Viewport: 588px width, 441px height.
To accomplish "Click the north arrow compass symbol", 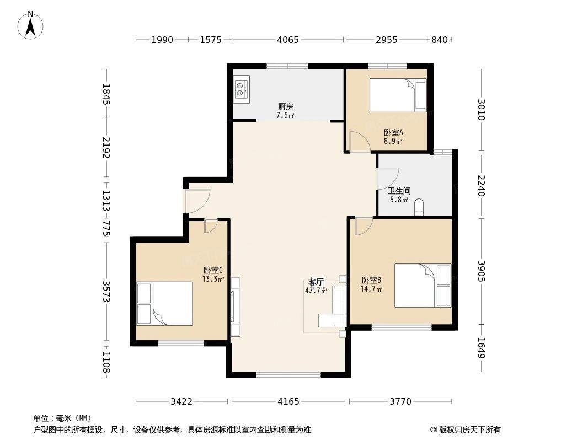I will [x=31, y=25].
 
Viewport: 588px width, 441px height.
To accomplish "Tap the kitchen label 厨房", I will [x=285, y=107].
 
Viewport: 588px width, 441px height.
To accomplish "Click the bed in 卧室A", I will [x=397, y=95].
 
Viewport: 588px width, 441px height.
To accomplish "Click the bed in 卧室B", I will [x=423, y=286].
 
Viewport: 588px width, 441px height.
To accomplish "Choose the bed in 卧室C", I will [x=164, y=304].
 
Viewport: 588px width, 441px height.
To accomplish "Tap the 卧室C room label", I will [x=213, y=270].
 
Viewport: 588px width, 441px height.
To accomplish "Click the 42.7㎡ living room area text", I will [x=316, y=291].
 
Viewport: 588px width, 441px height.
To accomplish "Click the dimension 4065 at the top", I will [x=288, y=40].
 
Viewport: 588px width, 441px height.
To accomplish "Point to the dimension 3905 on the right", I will [x=481, y=271].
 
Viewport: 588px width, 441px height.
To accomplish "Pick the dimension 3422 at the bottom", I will [x=181, y=401].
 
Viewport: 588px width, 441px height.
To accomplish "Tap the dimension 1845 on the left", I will [x=106, y=94].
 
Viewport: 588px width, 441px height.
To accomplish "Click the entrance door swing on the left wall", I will [x=197, y=200].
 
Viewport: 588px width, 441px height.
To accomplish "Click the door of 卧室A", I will [x=360, y=143].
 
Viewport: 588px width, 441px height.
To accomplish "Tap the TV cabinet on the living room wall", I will [x=236, y=306].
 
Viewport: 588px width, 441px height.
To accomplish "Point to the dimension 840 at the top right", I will [x=440, y=40].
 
